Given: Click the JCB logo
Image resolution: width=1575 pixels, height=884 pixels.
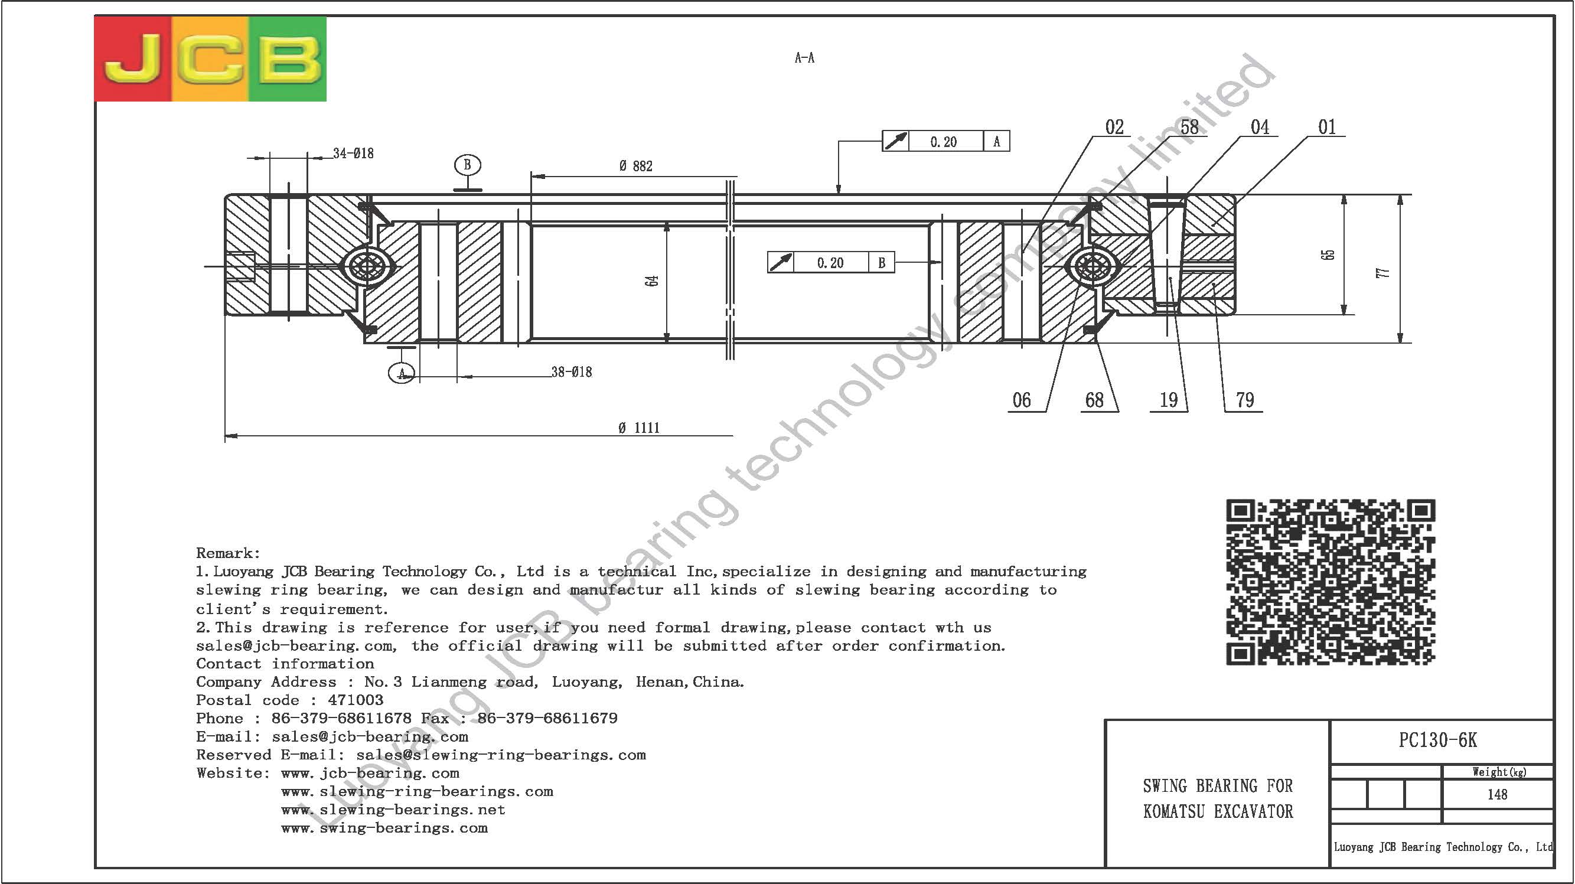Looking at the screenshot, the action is [x=210, y=58].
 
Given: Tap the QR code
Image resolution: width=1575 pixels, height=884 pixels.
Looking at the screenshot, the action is [x=1331, y=582].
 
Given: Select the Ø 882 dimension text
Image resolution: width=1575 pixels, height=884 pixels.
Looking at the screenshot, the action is [x=636, y=167].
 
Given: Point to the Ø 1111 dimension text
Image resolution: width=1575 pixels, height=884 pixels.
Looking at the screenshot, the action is [x=639, y=428].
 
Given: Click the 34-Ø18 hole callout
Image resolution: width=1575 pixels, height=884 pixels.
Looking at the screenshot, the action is [x=353, y=154].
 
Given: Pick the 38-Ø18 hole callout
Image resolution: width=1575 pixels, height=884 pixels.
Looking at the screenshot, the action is [x=572, y=371].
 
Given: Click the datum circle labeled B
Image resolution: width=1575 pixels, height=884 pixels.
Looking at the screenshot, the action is [x=468, y=165].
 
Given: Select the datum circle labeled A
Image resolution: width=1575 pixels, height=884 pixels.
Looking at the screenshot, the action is [x=402, y=373].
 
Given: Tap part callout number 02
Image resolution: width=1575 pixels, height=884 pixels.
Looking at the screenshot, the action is [x=1114, y=127].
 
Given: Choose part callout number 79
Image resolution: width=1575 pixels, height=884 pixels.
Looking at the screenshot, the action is [x=1245, y=400].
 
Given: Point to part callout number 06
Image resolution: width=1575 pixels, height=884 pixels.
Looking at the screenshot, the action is [x=1022, y=400].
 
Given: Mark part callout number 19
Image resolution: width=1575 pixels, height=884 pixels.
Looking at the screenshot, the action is [x=1169, y=400].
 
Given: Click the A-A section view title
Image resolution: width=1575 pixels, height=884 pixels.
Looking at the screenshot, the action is [x=804, y=58].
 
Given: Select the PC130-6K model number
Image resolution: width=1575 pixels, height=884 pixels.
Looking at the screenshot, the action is [x=1438, y=741].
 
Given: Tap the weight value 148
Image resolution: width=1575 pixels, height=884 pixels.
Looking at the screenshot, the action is [x=1498, y=794].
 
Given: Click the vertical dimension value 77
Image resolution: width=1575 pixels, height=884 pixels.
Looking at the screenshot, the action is [x=1383, y=273].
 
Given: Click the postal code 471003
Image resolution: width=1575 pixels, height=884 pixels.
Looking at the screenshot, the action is [x=356, y=700].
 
